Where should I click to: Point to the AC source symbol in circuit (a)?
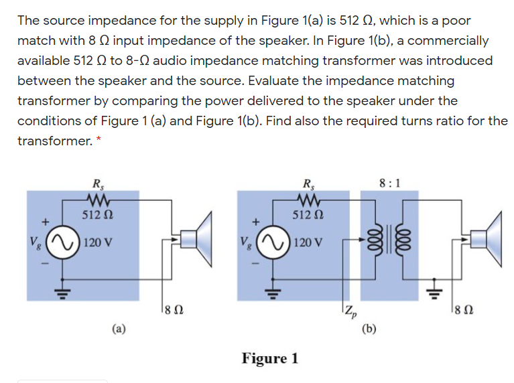tap(64, 240)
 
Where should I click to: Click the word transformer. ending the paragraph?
tap(52, 142)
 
